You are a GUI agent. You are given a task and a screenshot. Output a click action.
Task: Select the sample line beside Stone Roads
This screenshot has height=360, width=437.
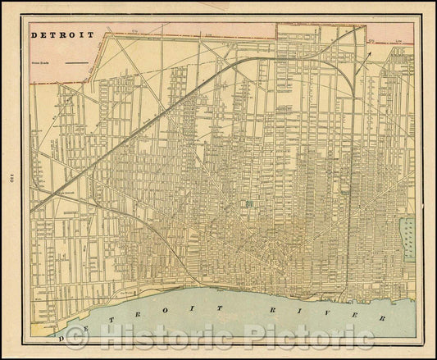point(77,62)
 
